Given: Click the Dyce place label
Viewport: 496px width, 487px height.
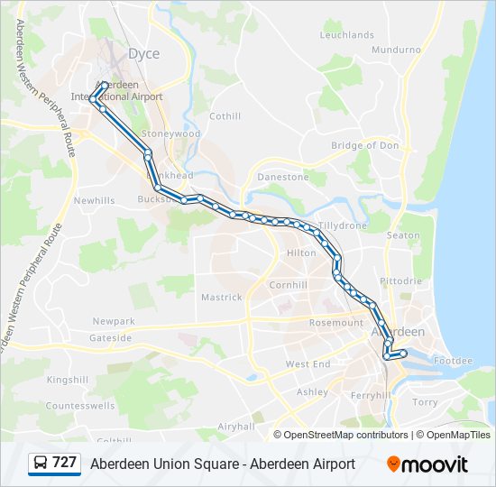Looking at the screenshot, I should (x=143, y=54).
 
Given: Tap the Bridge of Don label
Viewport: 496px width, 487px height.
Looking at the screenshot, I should (x=365, y=146).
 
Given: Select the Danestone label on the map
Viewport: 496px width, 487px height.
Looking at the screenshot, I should (x=282, y=178).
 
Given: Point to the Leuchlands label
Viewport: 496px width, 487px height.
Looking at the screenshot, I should (x=347, y=35).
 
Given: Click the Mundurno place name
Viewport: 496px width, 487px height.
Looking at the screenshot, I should (x=396, y=50).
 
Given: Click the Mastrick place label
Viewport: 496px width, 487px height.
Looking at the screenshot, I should (x=222, y=297).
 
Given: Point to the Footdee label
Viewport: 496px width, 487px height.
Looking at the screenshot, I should (x=452, y=361).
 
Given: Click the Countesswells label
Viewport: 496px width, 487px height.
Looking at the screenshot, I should (x=80, y=406).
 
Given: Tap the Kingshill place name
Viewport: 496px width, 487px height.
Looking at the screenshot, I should (x=68, y=380).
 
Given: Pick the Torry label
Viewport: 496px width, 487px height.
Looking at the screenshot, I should (x=425, y=402).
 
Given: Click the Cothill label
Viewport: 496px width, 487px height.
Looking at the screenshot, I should (x=225, y=116).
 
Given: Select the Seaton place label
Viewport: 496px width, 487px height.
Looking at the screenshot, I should (x=403, y=236).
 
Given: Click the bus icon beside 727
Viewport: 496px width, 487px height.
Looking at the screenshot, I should (x=40, y=464).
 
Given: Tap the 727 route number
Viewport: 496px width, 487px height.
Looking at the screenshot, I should (x=65, y=463).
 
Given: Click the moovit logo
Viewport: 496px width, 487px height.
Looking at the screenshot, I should (x=427, y=464).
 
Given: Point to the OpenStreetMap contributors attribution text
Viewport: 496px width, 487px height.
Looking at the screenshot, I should (x=346, y=435).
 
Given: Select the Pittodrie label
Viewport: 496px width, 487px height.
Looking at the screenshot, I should (x=400, y=281).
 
